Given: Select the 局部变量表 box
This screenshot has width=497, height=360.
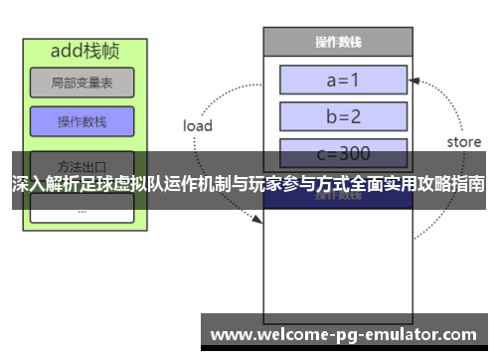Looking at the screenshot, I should pyautogui.click(x=82, y=84).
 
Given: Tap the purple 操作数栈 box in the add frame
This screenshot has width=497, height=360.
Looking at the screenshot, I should pyautogui.click(x=82, y=122).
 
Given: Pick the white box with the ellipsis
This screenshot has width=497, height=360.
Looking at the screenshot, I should pyautogui.click(x=82, y=208).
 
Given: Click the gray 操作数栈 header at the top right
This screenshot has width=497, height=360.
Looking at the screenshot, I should pyautogui.click(x=337, y=42).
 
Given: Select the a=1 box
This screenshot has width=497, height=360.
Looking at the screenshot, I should pyautogui.click(x=343, y=79).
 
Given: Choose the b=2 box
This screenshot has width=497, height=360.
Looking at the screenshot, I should pyautogui.click(x=343, y=116).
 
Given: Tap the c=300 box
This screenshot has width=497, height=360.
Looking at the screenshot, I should pyautogui.click(x=343, y=154).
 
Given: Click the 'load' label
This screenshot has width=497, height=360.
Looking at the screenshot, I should pyautogui.click(x=198, y=125).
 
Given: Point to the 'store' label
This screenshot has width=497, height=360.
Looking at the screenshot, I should pyautogui.click(x=462, y=142).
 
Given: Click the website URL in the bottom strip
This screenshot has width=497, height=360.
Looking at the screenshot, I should pyautogui.click(x=344, y=333).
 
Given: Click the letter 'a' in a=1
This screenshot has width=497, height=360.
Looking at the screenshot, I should pyautogui.click(x=327, y=79).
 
